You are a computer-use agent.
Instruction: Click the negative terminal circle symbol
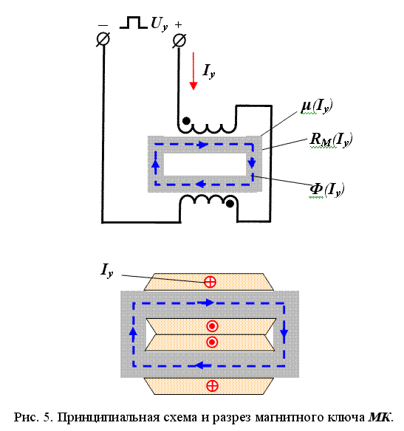point(103,39)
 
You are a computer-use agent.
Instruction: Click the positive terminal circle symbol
point(179,41)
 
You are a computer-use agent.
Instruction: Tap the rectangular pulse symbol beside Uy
point(134,23)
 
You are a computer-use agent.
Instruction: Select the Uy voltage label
point(160,24)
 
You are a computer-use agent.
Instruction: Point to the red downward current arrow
point(194,71)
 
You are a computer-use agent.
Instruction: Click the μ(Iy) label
point(317,106)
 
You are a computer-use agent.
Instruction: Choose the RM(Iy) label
point(331,140)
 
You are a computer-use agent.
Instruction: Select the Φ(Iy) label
point(326,190)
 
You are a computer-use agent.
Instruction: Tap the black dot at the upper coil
point(186,121)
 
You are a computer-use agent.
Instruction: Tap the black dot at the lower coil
point(230,204)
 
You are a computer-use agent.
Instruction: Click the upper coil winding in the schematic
point(207,128)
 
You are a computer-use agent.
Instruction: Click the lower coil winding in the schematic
point(208,199)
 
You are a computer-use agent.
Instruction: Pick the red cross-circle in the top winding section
point(210,282)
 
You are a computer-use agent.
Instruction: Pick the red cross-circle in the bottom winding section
point(212,386)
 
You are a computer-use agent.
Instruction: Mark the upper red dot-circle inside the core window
point(212,326)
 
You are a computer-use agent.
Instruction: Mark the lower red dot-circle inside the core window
point(212,342)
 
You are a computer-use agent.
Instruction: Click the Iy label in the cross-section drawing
point(107,271)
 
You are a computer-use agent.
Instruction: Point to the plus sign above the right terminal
point(179,25)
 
